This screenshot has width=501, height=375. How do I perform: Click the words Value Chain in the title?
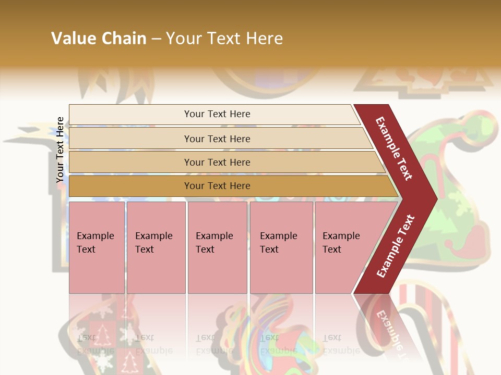(x=99, y=39)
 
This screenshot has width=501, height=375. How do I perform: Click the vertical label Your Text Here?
(x=61, y=149)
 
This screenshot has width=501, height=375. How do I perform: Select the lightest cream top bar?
(x=130, y=115)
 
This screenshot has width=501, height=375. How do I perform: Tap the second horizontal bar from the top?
(x=130, y=139)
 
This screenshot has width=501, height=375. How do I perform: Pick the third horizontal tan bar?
(x=130, y=162)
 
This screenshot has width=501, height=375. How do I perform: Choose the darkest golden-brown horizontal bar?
(x=130, y=186)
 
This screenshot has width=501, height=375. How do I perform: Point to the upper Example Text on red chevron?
(x=394, y=148)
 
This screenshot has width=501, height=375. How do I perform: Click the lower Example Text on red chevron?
(x=395, y=246)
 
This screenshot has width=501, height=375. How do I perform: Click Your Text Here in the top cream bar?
(x=217, y=114)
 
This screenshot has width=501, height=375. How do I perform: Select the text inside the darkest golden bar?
(x=217, y=186)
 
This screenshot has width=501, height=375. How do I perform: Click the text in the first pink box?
(x=95, y=243)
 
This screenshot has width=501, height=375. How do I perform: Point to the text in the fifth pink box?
(x=341, y=243)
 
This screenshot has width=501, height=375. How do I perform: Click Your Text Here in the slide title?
(x=224, y=39)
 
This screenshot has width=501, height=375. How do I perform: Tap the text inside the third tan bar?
(x=217, y=162)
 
